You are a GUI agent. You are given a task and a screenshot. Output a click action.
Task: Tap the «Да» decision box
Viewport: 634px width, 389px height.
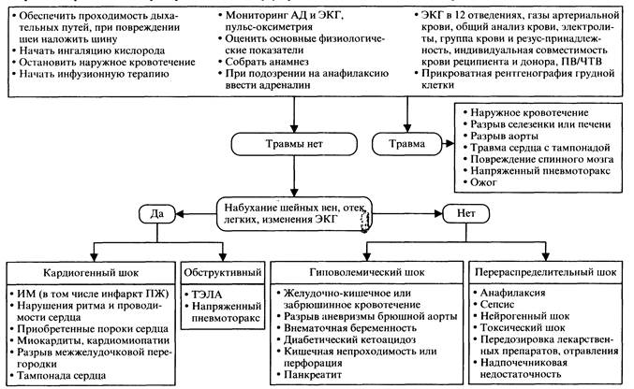(x=156, y=212)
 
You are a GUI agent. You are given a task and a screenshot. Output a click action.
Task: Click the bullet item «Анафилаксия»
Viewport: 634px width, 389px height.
(x=517, y=294)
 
